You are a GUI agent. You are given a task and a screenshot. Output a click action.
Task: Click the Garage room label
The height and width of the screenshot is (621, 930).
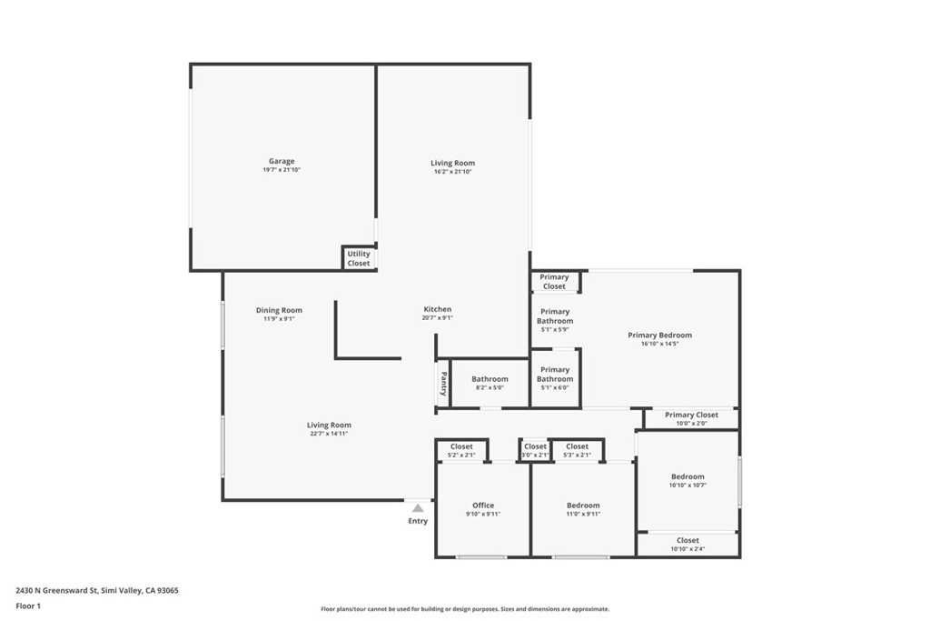click(x=281, y=162)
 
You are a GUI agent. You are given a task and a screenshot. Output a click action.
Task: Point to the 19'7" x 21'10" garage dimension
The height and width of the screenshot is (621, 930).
click(x=281, y=171)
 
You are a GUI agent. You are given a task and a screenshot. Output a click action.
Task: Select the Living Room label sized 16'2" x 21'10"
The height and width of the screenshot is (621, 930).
click(x=452, y=164)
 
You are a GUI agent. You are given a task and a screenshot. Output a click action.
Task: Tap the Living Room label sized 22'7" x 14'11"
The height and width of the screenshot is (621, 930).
click(x=328, y=426)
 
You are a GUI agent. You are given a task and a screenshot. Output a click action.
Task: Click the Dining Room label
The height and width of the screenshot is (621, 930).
click(x=279, y=311)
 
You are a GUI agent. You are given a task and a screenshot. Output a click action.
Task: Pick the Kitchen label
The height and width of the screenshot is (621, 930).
click(x=437, y=310)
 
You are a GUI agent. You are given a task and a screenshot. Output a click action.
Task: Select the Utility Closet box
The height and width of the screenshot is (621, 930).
click(x=359, y=258)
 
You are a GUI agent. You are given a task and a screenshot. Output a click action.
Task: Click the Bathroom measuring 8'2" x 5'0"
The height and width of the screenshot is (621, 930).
click(x=490, y=379)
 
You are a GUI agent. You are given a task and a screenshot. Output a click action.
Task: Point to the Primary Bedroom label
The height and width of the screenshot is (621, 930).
click(x=659, y=336)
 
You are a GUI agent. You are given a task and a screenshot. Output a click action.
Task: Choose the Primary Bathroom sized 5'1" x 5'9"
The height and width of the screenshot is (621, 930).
click(x=554, y=316)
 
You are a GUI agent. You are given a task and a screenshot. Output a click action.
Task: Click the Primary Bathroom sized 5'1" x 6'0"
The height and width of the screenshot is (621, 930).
click(x=554, y=375)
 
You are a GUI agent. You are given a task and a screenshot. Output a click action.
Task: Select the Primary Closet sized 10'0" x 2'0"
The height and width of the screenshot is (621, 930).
click(x=691, y=416)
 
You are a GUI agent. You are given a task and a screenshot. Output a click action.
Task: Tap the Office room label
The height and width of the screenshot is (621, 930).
click(x=483, y=506)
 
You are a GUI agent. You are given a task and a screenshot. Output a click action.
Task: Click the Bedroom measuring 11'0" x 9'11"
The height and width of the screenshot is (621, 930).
click(x=583, y=506)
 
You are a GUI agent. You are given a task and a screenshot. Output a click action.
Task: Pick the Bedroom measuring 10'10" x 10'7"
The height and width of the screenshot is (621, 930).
click(x=688, y=476)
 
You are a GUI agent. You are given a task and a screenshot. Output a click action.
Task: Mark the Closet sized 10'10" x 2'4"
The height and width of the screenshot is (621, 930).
click(x=688, y=541)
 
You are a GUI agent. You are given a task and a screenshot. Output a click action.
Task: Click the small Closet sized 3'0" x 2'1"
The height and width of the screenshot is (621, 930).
click(x=535, y=447)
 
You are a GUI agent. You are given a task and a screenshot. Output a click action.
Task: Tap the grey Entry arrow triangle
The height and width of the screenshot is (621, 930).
click(x=418, y=508)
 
